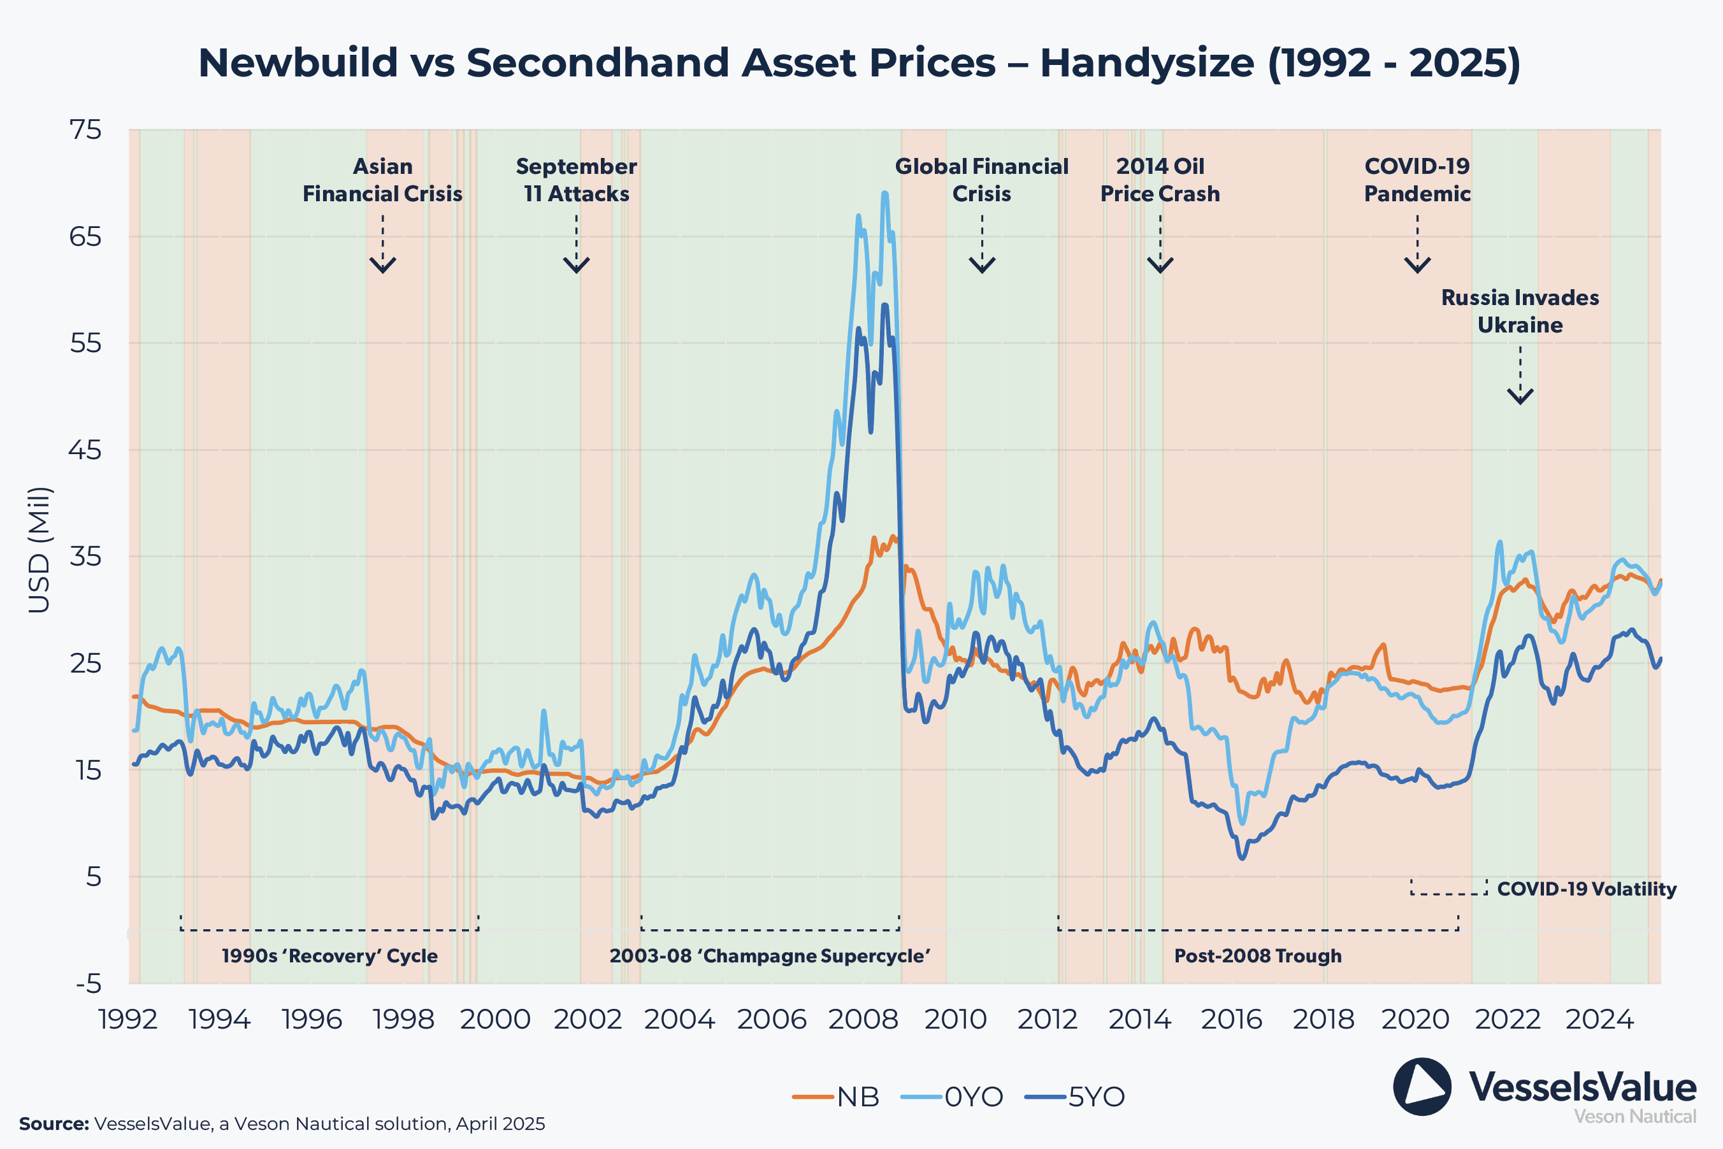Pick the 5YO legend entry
[1095, 1097]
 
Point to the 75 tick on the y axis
[86, 130]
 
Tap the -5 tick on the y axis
[89, 983]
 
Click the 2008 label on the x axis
[863, 1019]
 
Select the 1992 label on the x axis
[128, 1019]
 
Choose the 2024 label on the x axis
[1600, 1019]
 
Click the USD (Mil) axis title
[39, 550]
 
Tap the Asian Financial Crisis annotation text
[382, 180]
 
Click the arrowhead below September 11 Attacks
[577, 264]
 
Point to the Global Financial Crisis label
[981, 180]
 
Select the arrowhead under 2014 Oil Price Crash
[1160, 264]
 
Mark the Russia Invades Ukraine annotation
[1520, 311]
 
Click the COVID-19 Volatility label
[1586, 889]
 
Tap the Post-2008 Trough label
[1258, 955]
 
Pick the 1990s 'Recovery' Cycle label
[330, 955]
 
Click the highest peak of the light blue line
[884, 194]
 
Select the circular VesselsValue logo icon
[1422, 1087]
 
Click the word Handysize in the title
[1147, 63]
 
